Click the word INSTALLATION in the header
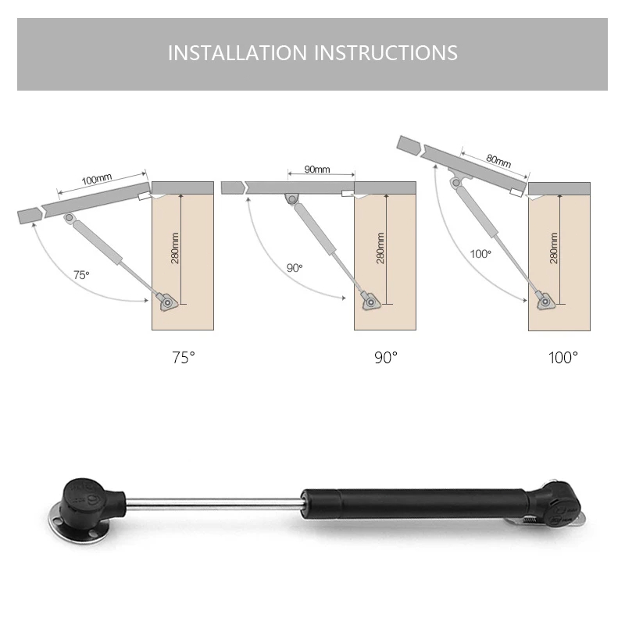click(x=237, y=52)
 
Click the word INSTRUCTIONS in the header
click(x=386, y=52)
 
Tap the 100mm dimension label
click(x=97, y=180)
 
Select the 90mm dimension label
click(x=317, y=170)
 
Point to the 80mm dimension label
click(x=498, y=161)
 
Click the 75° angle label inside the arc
click(x=81, y=275)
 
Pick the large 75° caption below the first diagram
click(x=184, y=358)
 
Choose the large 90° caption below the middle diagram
click(x=386, y=358)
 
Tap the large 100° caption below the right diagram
click(x=562, y=358)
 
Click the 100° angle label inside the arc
click(x=480, y=254)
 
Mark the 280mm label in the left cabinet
click(x=175, y=248)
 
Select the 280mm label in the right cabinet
click(x=554, y=248)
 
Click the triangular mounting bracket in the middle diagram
click(x=371, y=302)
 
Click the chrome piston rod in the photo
click(x=213, y=503)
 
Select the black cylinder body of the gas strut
click(x=415, y=504)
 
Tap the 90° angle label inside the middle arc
click(x=295, y=268)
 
